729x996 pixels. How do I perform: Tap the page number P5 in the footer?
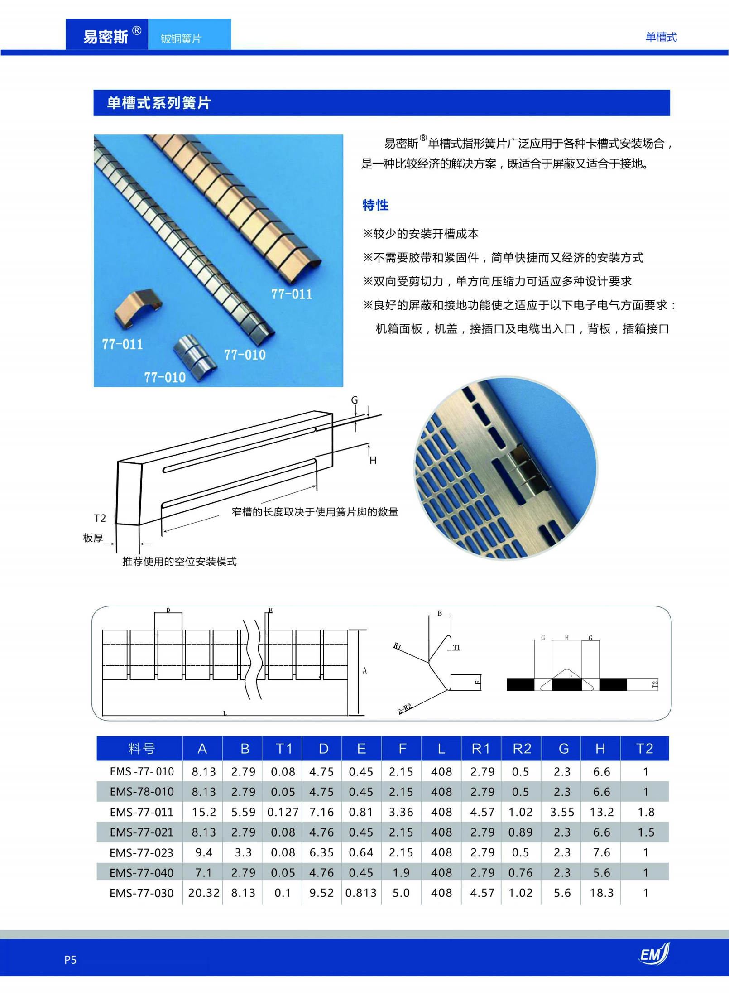[70, 959]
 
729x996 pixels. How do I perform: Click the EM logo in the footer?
[653, 954]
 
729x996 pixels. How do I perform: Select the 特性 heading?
[375, 205]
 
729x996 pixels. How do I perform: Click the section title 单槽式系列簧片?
[159, 103]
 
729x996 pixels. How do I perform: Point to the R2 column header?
[521, 749]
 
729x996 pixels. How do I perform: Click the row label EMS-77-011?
[141, 812]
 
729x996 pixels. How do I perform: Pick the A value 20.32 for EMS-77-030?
[203, 893]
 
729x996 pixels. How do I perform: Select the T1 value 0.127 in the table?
[283, 812]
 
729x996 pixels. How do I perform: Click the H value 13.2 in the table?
[601, 812]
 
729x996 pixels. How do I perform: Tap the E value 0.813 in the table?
[360, 893]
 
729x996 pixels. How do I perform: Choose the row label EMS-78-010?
[141, 792]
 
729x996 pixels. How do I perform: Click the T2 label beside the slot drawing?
[100, 518]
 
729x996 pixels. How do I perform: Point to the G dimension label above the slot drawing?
[355, 400]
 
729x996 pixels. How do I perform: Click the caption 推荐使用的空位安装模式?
[179, 562]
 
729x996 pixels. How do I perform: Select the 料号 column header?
[141, 749]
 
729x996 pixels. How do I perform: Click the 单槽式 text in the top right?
[661, 37]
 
